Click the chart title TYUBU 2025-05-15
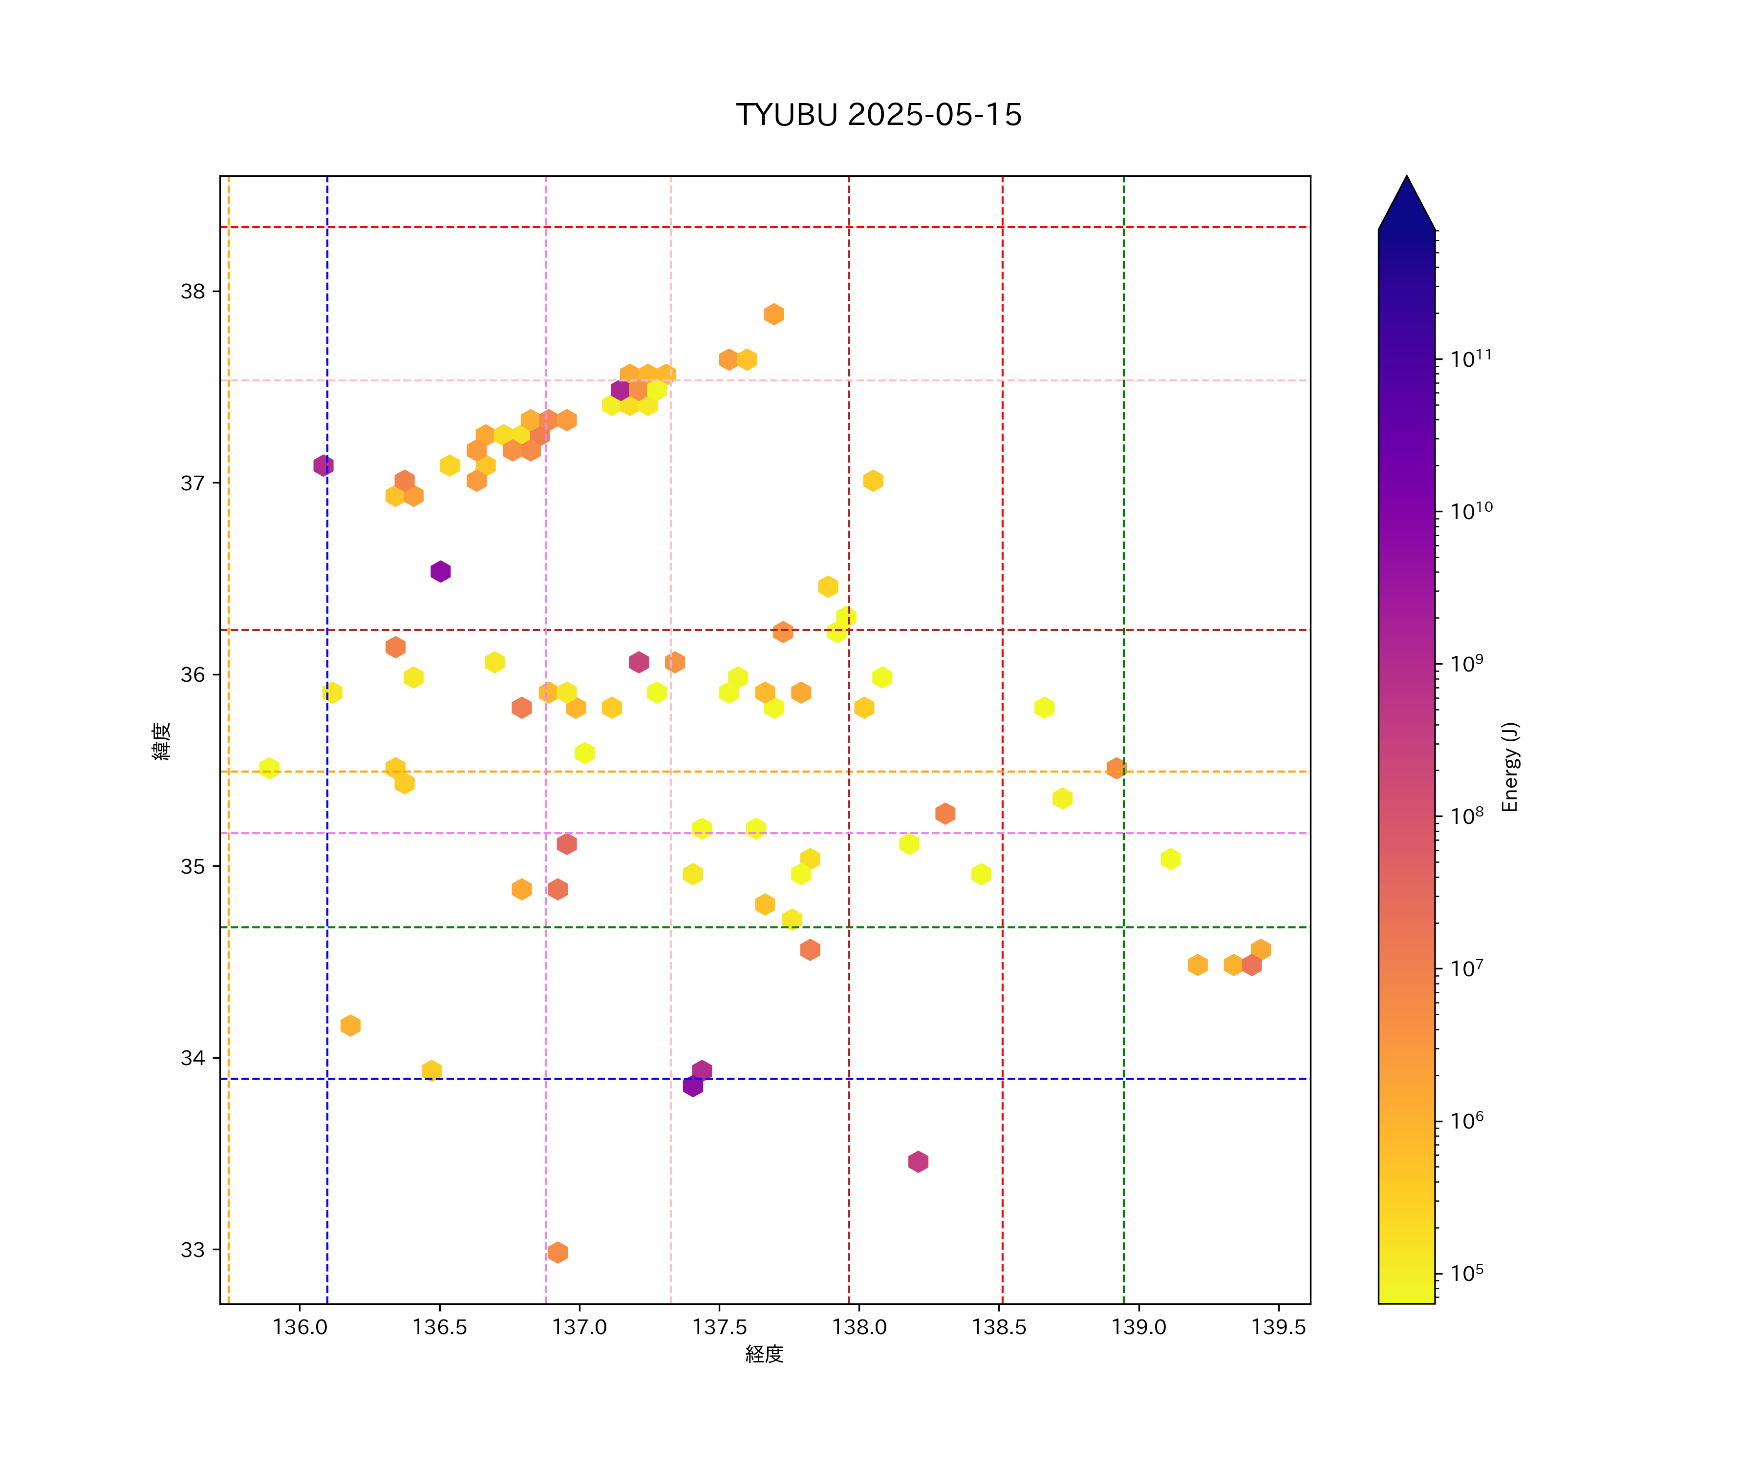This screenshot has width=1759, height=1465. (x=879, y=115)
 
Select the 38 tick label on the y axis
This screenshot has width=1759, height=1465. (x=193, y=292)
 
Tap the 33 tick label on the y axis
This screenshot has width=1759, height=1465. (x=193, y=1250)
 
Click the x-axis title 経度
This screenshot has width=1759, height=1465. (x=764, y=1355)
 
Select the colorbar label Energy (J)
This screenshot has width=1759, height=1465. (x=1509, y=767)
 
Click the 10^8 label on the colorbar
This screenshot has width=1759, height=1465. (x=1467, y=816)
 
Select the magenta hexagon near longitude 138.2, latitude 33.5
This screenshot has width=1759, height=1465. (x=918, y=1161)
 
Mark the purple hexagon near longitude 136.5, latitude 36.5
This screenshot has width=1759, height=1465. (x=441, y=572)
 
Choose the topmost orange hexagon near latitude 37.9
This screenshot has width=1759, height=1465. (x=774, y=314)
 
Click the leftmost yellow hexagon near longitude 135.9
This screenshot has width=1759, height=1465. (x=269, y=768)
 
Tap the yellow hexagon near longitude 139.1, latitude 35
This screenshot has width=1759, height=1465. (x=1170, y=859)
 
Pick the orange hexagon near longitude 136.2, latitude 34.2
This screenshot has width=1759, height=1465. (x=350, y=1025)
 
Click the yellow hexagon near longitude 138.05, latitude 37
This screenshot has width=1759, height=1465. (x=873, y=481)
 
